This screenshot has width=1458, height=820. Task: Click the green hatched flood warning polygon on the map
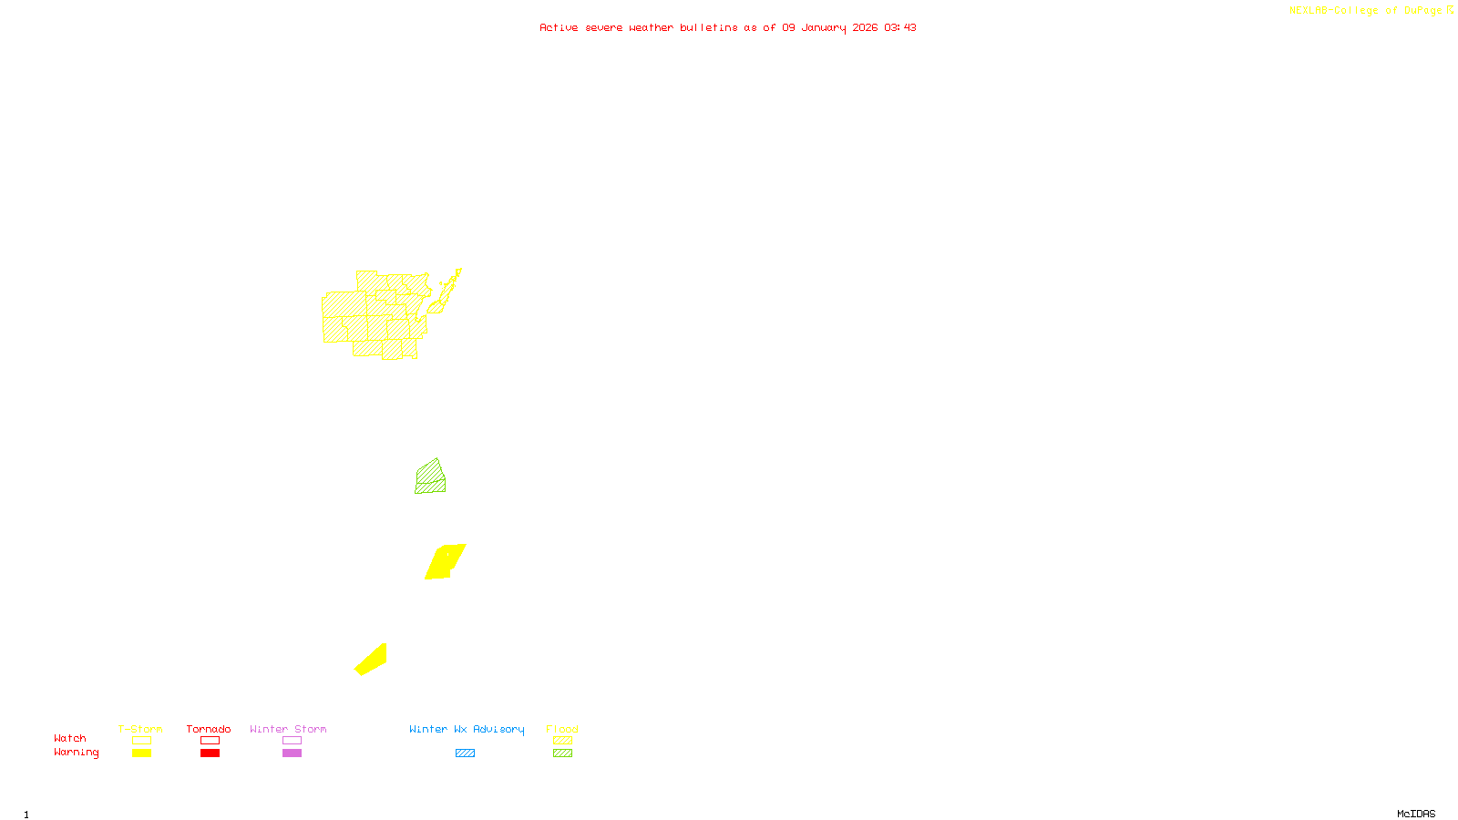430,478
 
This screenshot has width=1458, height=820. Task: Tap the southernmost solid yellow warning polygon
372,660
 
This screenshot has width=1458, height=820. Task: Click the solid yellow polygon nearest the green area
445,561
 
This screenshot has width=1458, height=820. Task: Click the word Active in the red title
558,27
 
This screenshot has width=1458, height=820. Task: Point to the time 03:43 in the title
899,27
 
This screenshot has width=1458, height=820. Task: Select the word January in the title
824,27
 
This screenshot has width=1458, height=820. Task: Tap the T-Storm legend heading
140,729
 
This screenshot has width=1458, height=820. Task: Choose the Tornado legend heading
209,729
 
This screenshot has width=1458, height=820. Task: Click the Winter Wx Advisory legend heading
467,729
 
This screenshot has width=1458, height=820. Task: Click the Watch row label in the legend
70,738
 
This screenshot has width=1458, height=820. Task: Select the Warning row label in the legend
76,753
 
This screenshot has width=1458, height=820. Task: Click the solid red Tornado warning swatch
210,753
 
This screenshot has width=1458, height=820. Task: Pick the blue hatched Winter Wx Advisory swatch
465,753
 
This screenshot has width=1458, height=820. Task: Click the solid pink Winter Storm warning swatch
292,753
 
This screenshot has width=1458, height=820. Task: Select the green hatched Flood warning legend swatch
562,753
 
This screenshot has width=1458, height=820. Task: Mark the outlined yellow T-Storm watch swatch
141,741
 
